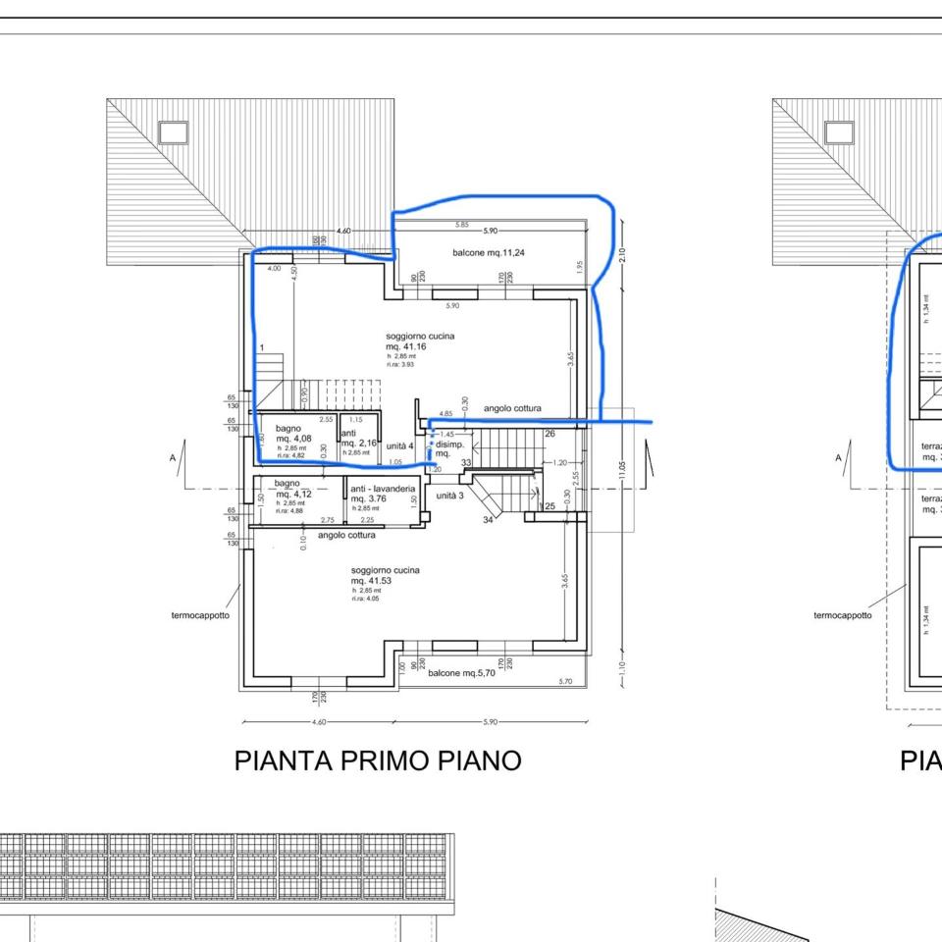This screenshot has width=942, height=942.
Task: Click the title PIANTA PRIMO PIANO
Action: point(377,760)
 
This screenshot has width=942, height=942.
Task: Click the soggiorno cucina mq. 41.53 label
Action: point(385,575)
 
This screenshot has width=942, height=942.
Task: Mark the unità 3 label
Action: point(449,496)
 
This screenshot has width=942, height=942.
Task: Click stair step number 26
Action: point(549,433)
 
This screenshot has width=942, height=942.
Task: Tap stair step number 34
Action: point(489,519)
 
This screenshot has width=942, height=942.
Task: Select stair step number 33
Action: point(466,462)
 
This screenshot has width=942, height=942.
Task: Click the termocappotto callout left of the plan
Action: point(200,616)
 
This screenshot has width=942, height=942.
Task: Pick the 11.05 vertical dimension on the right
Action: point(621,471)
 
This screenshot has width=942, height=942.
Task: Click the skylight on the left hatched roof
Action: point(173,132)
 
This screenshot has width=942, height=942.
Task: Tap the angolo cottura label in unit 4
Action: point(511,408)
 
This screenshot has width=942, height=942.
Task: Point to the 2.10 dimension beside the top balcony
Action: point(621,254)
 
